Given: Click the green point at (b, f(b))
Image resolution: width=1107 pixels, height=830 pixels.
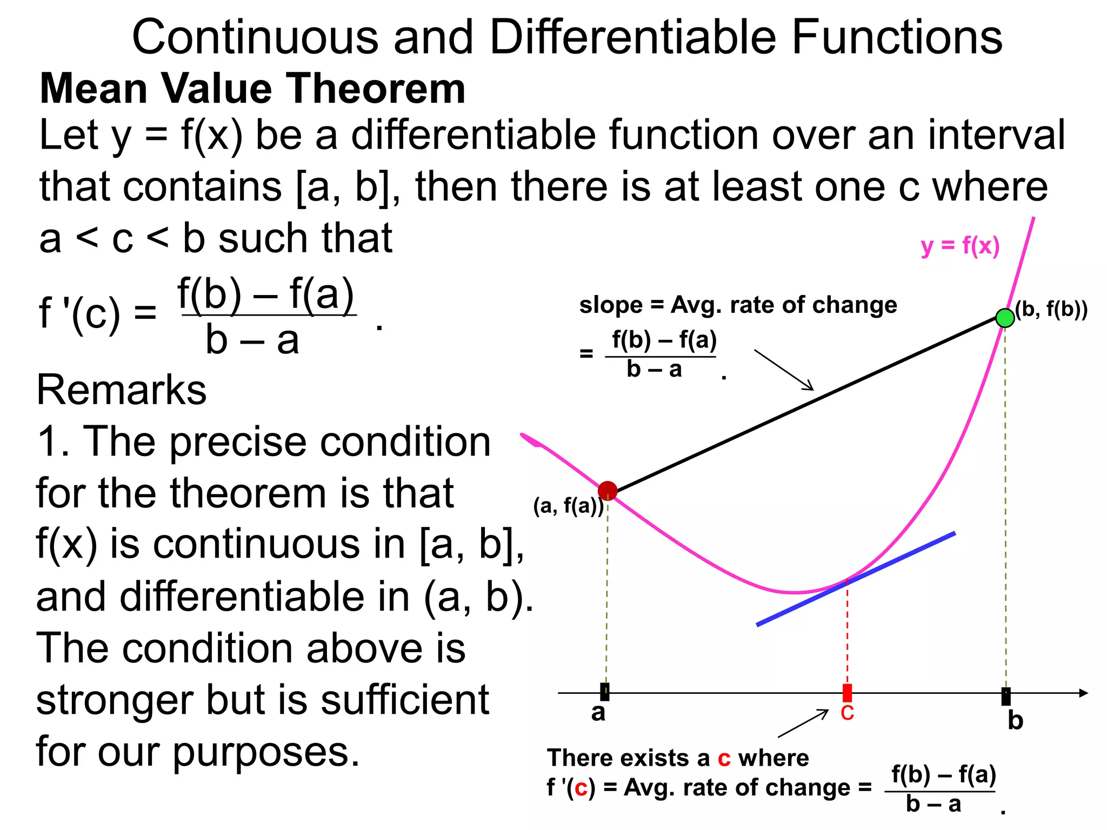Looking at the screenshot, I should (x=1005, y=318).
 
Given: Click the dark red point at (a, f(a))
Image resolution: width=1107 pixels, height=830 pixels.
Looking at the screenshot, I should (x=608, y=491).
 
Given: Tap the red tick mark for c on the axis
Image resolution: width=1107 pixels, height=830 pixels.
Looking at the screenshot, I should (x=847, y=692).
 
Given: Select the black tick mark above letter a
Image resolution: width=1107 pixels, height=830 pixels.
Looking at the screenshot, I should (x=605, y=692).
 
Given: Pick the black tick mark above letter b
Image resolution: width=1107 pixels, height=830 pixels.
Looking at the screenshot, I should (x=1005, y=696).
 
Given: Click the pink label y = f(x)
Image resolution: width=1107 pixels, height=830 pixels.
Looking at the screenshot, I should (x=960, y=246).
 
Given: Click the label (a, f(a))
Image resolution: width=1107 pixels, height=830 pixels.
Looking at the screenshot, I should (x=568, y=506).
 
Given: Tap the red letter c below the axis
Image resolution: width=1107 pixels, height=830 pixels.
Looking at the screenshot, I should (x=847, y=713).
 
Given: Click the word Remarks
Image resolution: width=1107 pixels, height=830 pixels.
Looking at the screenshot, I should (x=122, y=390).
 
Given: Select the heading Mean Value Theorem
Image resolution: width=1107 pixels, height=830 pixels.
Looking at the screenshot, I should (x=252, y=89).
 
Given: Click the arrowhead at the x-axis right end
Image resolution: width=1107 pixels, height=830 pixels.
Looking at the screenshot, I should (x=1083, y=693).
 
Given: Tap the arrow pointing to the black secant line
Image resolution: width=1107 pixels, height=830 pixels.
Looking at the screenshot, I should (x=784, y=370).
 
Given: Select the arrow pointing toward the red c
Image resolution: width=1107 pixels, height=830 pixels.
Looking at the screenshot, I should (x=803, y=724).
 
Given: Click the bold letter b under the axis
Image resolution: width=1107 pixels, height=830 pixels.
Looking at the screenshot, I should (x=1015, y=721).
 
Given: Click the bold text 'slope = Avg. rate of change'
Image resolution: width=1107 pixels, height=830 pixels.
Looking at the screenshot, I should (x=738, y=305).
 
